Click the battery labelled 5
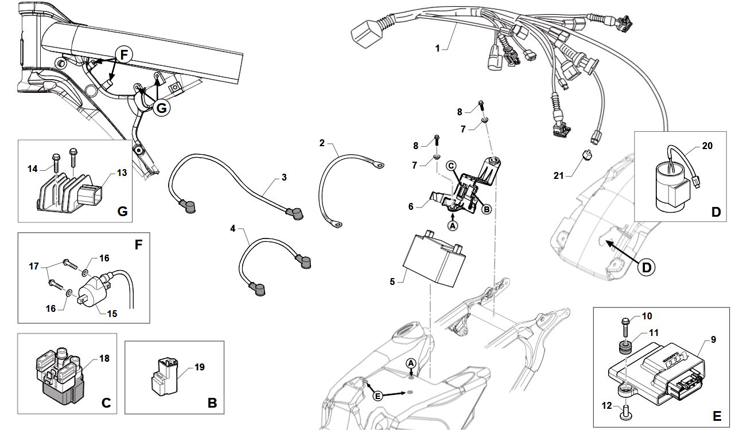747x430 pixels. [434, 259]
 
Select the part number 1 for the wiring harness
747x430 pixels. [438, 49]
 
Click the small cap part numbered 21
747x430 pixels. [588, 155]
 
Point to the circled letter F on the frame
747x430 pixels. [124, 54]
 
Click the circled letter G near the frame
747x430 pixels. [161, 108]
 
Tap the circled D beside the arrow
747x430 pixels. [646, 267]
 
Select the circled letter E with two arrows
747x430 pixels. [378, 396]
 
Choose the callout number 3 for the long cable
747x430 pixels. [284, 177]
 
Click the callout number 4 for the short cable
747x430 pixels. [232, 228]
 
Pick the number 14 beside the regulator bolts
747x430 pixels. [32, 169]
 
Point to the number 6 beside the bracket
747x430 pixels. [411, 206]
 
